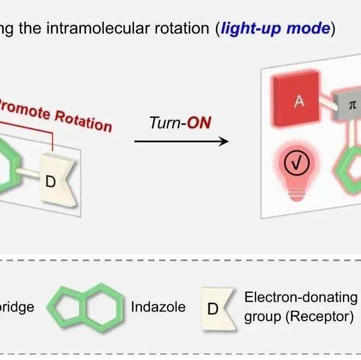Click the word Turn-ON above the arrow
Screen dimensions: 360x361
click(180, 123)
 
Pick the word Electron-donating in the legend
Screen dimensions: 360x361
click(300, 298)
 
